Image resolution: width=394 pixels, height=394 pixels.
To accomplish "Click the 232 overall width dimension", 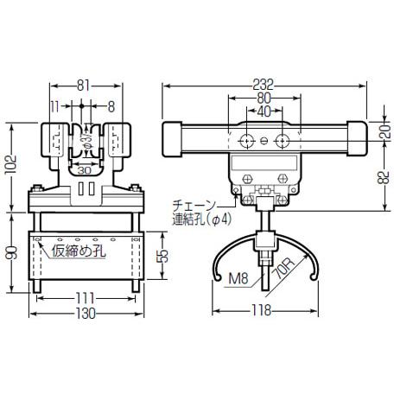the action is pyautogui.click(x=263, y=86).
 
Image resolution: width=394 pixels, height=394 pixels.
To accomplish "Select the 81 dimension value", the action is pyautogui.click(x=83, y=86).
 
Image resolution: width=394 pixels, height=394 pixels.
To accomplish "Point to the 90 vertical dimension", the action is pyautogui.click(x=12, y=252).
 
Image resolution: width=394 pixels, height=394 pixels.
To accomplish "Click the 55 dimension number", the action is pyautogui.click(x=163, y=255).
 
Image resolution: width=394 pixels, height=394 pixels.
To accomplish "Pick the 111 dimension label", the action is pyautogui.click(x=86, y=298).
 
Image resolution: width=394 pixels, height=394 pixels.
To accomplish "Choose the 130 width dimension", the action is pyautogui.click(x=86, y=314).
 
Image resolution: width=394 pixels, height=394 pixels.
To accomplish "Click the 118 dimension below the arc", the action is pyautogui.click(x=262, y=310).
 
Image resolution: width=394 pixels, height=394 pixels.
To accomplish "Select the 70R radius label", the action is pyautogui.click(x=284, y=269).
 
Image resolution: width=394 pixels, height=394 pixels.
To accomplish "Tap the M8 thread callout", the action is pyautogui.click(x=238, y=278).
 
